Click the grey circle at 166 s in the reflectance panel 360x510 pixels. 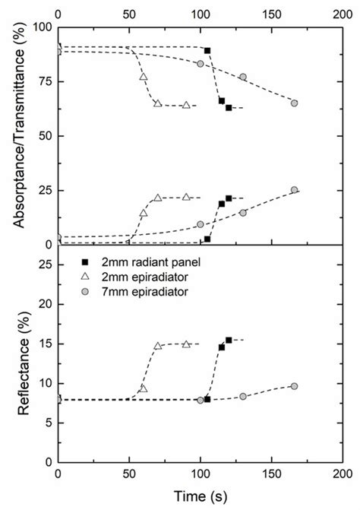pyautogui.click(x=294, y=386)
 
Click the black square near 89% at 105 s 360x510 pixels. pyautogui.click(x=207, y=50)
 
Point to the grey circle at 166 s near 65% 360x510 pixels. pyautogui.click(x=294, y=103)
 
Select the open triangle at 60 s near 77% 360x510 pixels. pyautogui.click(x=144, y=78)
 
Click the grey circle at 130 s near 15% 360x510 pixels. pyautogui.click(x=243, y=213)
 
